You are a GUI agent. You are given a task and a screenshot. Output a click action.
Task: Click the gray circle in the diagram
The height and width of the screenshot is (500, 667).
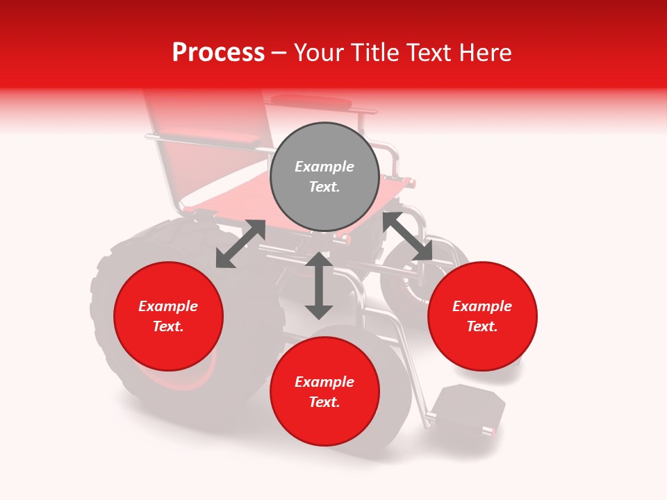coord(324,177)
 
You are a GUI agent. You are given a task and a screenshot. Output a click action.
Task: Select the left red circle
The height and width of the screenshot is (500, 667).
coord(168,317)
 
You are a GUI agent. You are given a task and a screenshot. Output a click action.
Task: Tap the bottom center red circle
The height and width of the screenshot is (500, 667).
coord(324,392)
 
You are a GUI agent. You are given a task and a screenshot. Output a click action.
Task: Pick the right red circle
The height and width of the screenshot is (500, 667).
coord(482,317)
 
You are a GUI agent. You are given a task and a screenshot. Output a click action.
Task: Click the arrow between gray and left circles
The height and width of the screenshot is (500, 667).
coord(240,244)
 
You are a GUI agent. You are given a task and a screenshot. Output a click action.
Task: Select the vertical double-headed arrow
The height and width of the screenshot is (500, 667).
coord(319,285)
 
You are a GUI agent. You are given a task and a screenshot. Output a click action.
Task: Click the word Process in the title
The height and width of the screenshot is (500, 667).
coord(218,52)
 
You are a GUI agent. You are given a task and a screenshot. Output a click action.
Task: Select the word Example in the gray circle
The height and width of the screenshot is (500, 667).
coord(324,167)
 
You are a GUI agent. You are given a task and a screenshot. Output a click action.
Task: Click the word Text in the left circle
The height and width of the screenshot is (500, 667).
coord(167,326)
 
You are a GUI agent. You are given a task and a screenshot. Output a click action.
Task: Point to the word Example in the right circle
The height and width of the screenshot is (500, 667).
coord(482,306)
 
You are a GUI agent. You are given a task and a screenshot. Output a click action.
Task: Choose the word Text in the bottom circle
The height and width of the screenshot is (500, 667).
coord(324,402)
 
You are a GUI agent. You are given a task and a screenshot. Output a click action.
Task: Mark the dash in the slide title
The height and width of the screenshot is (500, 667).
coord(279,52)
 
